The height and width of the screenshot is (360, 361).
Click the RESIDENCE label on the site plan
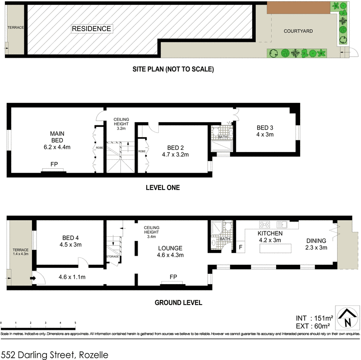click(x=92, y=29)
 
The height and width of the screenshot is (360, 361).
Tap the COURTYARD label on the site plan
click(x=298, y=31)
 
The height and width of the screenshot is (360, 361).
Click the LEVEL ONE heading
click(x=163, y=188)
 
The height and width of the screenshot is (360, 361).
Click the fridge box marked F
click(x=241, y=247)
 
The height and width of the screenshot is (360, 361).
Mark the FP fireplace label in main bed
click(x=54, y=164)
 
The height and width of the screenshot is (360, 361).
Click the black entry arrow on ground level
click(x=32, y=278)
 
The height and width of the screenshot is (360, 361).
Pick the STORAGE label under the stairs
click(x=112, y=256)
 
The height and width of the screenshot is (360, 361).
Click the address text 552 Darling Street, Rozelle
click(x=55, y=355)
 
